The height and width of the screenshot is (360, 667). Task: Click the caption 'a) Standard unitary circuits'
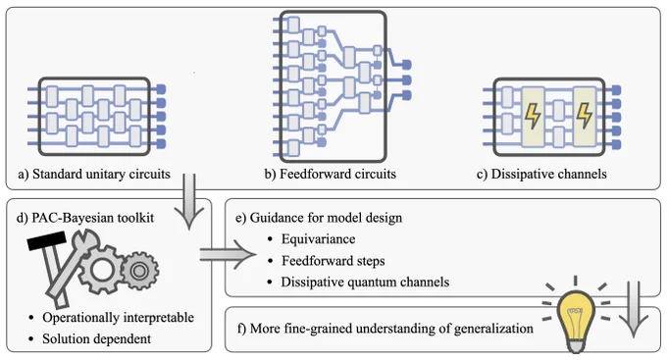(94, 174)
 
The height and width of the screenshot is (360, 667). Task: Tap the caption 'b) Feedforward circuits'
(331, 174)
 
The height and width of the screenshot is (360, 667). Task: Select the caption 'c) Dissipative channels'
(541, 174)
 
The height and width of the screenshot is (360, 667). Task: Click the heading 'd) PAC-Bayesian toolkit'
(85, 218)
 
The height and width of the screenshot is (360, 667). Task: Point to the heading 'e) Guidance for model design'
(319, 218)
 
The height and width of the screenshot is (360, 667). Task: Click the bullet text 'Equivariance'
(318, 239)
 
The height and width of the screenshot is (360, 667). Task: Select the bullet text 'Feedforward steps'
(333, 260)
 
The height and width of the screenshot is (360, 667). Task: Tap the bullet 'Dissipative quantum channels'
(365, 282)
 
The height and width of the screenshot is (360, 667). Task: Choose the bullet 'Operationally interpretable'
(119, 318)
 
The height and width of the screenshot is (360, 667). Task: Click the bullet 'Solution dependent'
(96, 338)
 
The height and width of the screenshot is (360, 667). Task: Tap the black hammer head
(47, 241)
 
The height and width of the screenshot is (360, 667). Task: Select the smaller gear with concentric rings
(138, 271)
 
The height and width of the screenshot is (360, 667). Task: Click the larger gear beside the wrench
(101, 271)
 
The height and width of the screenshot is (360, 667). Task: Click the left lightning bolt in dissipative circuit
(532, 116)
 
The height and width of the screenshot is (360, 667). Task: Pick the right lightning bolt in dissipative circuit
(584, 116)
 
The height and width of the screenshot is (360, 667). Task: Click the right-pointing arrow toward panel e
(228, 254)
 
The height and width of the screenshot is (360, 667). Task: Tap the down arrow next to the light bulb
(634, 309)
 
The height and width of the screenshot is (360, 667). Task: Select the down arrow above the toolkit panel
(189, 202)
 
